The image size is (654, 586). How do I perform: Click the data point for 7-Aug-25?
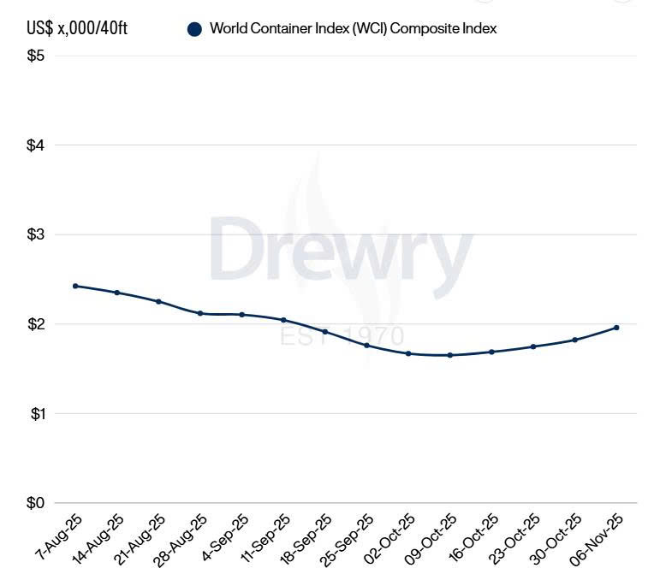[75, 286]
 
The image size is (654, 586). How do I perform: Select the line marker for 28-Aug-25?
[200, 313]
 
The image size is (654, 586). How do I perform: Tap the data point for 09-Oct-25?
[449, 355]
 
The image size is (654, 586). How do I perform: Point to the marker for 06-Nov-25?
[616, 328]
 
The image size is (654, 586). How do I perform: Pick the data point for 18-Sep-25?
[325, 331]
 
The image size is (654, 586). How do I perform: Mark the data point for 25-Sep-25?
[366, 345]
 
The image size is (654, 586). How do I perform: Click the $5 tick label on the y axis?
[36, 56]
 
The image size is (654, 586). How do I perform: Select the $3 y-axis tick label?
[36, 235]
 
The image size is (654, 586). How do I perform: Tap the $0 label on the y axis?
[36, 503]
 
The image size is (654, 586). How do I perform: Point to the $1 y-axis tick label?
[36, 414]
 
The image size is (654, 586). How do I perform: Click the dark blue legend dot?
[194, 29]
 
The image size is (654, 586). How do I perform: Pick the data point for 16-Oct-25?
[491, 352]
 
